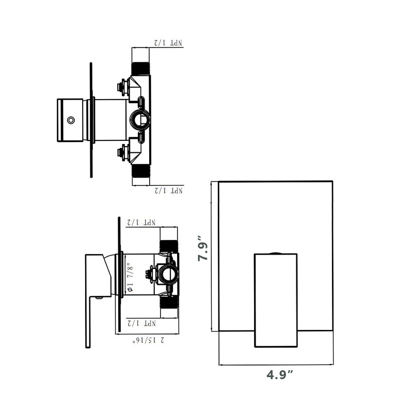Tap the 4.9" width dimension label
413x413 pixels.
point(280,375)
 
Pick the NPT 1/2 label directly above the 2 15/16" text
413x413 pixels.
point(142,324)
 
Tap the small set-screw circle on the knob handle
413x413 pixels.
point(71,121)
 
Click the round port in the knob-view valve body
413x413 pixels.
point(140,120)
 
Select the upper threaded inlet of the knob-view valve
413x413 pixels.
point(140,69)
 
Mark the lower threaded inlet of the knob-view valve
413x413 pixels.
point(140,171)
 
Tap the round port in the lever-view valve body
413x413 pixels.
point(168,274)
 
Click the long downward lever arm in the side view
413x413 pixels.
point(88,320)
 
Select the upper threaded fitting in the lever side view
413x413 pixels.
point(168,246)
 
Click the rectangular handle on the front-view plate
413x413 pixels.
point(276,299)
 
